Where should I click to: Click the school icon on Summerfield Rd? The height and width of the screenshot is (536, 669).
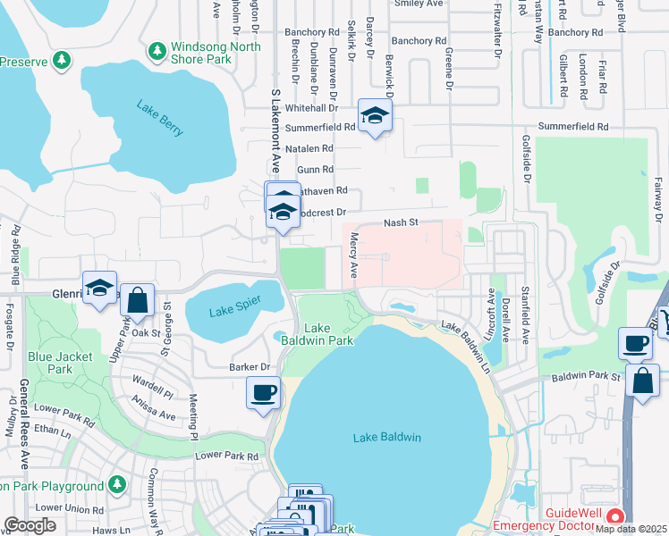point(374,116)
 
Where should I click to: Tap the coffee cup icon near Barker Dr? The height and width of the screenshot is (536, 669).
point(263,393)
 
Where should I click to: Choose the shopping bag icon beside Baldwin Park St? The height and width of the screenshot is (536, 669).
point(642,380)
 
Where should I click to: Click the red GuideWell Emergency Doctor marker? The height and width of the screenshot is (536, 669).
point(614,517)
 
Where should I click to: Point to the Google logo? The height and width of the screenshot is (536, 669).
point(30,525)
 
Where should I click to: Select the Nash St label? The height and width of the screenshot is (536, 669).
point(401,223)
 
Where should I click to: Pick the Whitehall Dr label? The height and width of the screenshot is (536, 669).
point(312,106)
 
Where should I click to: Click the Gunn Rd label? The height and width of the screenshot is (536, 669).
point(315,168)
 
